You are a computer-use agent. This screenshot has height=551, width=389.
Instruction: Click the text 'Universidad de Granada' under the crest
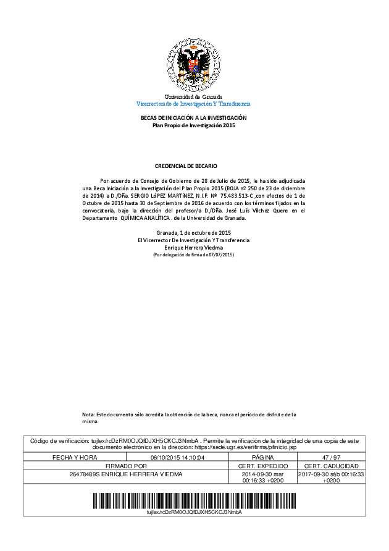tap(193, 97)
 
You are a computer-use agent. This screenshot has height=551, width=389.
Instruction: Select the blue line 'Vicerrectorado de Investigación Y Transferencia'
tap(193, 104)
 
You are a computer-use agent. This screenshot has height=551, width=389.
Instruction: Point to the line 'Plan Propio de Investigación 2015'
tap(194, 125)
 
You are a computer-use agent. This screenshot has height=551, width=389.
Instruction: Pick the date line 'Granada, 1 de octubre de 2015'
tap(193, 232)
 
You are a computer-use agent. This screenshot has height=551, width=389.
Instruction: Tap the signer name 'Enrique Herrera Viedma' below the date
tap(193, 247)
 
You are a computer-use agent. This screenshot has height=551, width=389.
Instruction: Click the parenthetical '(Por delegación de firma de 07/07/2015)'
tap(193, 254)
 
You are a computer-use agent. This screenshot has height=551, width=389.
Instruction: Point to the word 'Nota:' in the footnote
tap(89, 414)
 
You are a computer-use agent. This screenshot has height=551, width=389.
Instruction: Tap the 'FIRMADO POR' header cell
tap(127, 466)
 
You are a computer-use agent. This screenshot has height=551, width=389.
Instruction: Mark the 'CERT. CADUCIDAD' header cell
tap(332, 466)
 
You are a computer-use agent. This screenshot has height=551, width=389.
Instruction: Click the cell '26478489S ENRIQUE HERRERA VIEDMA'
tap(127, 474)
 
